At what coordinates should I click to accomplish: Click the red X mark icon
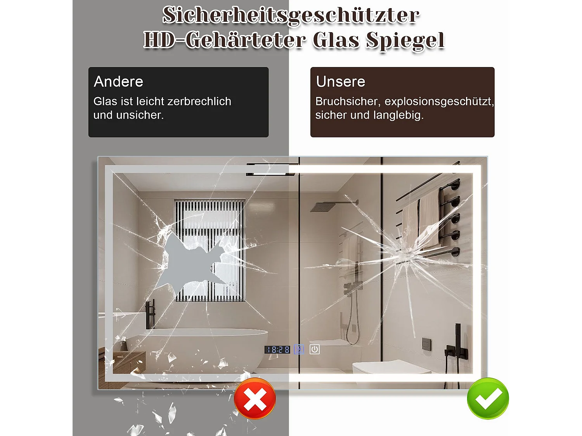(255, 398)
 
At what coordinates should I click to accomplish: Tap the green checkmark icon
(488, 398)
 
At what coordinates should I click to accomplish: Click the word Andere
(118, 82)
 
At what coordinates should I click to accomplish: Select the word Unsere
(341, 82)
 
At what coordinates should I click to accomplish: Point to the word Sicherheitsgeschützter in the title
(291, 16)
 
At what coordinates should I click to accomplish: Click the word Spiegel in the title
(405, 40)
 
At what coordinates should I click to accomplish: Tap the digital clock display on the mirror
(277, 350)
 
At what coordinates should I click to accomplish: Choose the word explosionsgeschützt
(438, 102)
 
